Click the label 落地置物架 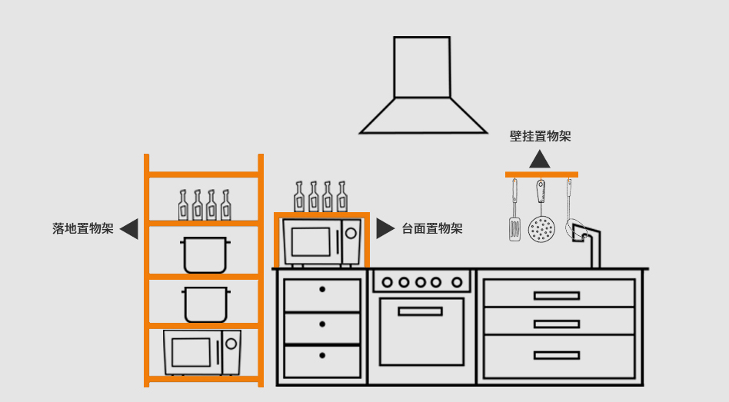[x=83, y=228]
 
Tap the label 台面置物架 [x=432, y=228]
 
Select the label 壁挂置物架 [x=540, y=136]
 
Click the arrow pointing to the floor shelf [x=129, y=228]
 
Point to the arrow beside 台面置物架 [x=384, y=228]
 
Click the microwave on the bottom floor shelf [x=201, y=353]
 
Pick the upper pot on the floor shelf [x=205, y=254]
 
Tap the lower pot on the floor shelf [x=205, y=304]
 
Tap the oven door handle [x=420, y=311]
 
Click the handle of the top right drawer [x=557, y=295]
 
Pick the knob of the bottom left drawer [x=322, y=355]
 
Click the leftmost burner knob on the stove [x=387, y=282]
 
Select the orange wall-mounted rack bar [x=541, y=175]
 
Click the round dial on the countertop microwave [x=351, y=232]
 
